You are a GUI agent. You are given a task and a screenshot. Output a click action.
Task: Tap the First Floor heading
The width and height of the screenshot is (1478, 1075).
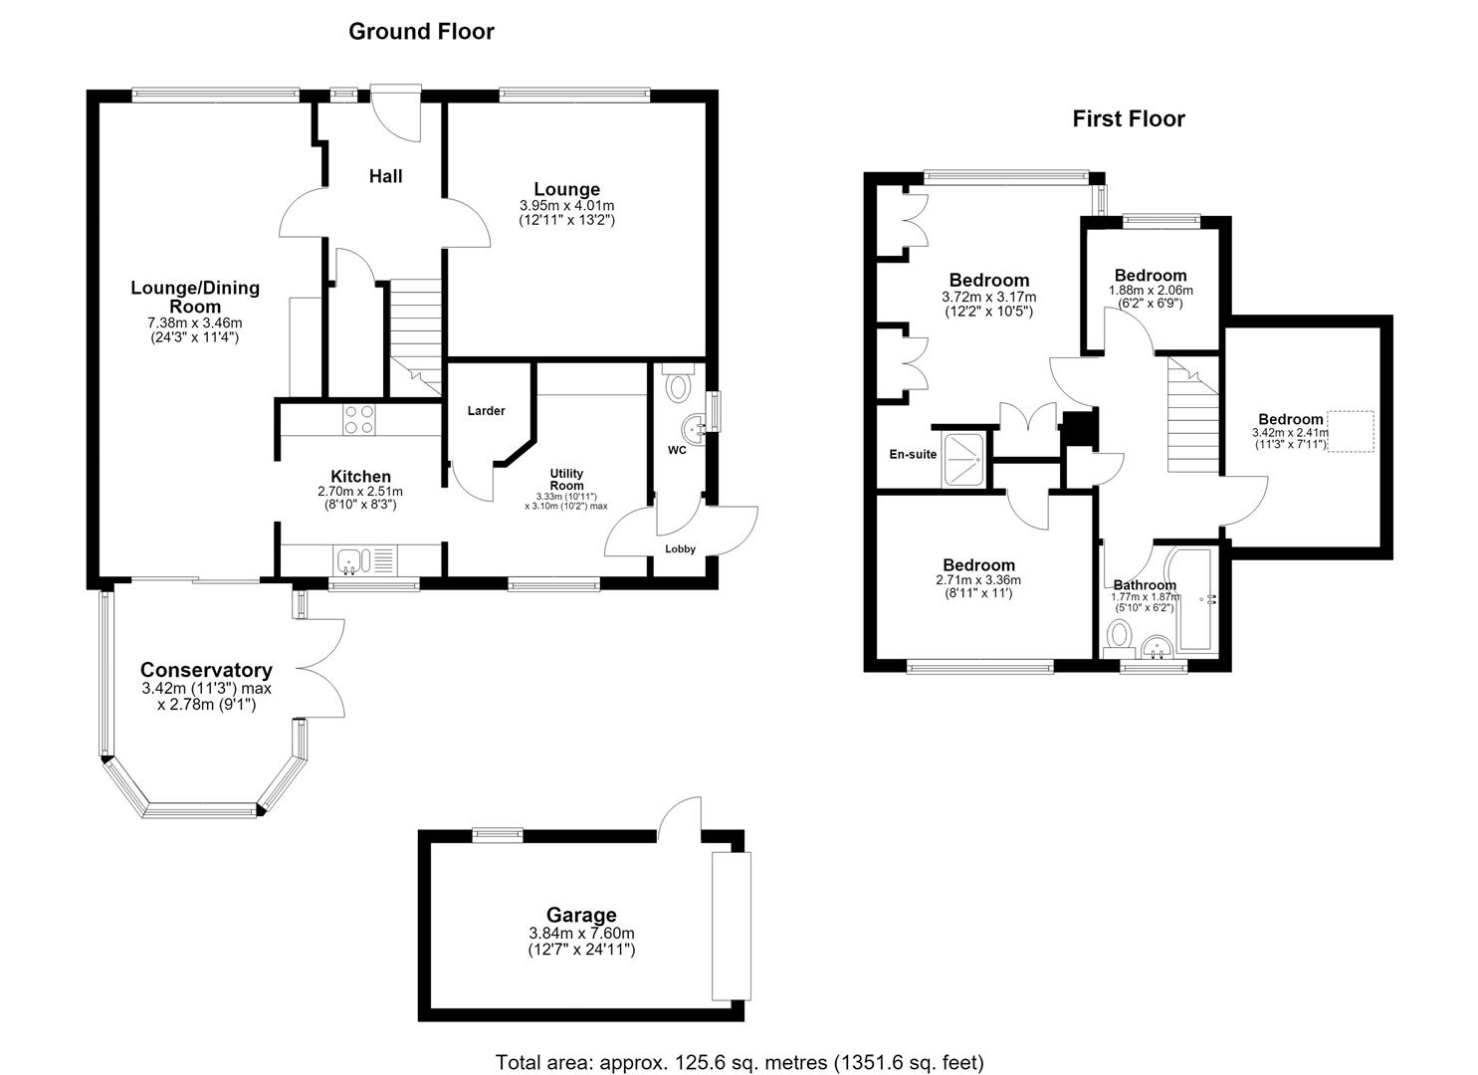click(x=1129, y=118)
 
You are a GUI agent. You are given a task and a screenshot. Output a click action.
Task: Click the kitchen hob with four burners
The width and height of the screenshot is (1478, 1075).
click(x=359, y=419)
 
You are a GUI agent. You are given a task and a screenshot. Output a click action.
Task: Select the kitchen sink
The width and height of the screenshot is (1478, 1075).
click(x=365, y=561)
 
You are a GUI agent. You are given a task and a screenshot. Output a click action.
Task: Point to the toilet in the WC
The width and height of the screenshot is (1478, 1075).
click(x=677, y=383)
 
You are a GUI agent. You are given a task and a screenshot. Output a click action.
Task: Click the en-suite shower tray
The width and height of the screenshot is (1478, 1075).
click(x=964, y=460)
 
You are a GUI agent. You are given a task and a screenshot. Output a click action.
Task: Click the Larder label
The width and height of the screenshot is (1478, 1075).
click(x=487, y=410)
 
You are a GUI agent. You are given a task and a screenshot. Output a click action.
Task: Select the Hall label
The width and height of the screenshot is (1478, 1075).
click(x=385, y=176)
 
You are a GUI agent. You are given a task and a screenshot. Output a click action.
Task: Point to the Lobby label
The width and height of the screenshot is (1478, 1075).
click(x=680, y=549)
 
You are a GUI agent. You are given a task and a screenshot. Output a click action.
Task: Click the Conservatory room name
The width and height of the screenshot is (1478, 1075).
click(x=207, y=670)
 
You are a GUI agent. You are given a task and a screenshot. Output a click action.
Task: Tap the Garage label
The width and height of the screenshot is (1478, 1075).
click(x=581, y=915)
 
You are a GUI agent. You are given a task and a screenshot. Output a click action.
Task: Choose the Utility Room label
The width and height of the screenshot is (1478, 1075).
click(x=566, y=479)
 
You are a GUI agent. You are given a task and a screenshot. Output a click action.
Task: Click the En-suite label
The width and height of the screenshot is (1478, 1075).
click(x=913, y=454)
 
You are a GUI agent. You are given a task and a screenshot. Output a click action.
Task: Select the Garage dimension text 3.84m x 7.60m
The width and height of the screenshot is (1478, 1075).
click(x=581, y=933)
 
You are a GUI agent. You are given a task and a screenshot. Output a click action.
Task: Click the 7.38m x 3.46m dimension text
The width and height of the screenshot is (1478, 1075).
click(x=195, y=323)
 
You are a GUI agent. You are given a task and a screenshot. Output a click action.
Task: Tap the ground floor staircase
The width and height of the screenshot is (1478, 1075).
click(x=415, y=337)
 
